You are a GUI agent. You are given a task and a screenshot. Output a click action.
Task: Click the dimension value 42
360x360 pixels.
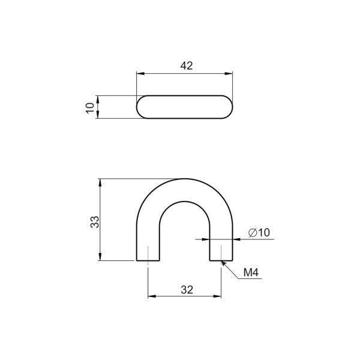coord(187,66)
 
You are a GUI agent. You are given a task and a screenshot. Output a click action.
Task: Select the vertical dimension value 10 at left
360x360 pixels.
coord(90,107)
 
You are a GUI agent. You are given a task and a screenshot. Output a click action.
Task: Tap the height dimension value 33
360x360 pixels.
coord(95,222)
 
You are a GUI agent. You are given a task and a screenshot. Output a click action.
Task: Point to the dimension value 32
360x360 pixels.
coord(187,290)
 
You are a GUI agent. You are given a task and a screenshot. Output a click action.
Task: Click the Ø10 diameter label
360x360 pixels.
coord(259,233)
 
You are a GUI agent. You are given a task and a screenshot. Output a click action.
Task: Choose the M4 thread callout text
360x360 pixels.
coord(251,272)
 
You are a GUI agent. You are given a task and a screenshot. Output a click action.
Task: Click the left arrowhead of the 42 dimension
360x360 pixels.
coord(140,73)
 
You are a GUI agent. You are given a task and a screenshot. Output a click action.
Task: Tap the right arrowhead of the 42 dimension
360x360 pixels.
coord(229,73)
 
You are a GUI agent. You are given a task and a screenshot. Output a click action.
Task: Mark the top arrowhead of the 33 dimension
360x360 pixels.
coord(100,182)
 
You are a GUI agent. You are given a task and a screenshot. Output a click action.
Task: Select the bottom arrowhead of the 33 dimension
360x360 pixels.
coord(100,257)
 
